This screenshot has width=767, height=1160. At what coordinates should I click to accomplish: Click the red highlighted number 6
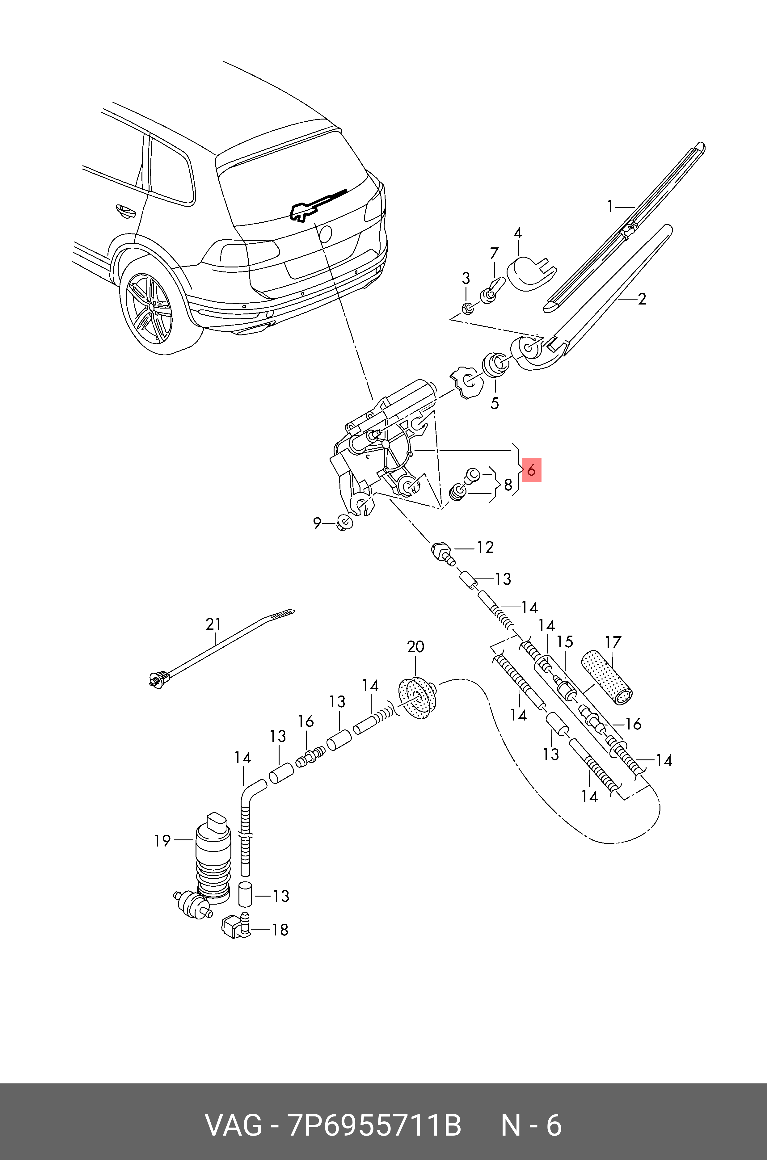pyautogui.click(x=531, y=470)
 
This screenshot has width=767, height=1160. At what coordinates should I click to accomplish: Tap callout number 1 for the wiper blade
pyautogui.click(x=610, y=207)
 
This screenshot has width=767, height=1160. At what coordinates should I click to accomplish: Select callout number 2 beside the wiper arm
pyautogui.click(x=642, y=299)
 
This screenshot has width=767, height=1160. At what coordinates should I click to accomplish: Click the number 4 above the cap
pyautogui.click(x=517, y=233)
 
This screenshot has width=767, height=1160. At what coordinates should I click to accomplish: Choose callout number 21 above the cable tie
pyautogui.click(x=214, y=624)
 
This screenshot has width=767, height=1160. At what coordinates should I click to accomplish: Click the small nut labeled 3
pyautogui.click(x=467, y=308)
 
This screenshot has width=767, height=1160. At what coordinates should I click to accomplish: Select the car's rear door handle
pyautogui.click(x=125, y=210)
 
